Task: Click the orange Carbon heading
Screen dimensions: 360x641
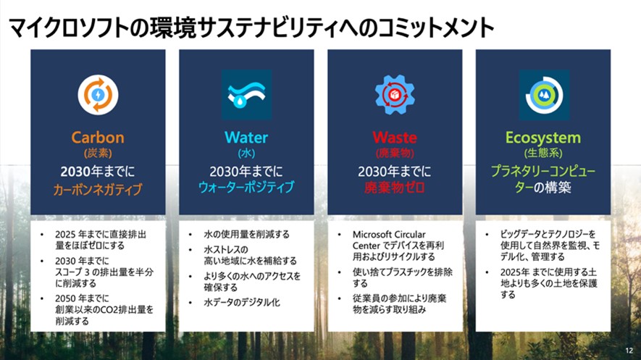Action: (98, 137)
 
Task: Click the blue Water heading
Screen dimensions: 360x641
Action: (246, 137)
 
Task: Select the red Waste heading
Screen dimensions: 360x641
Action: (395, 137)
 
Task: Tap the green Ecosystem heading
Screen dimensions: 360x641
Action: (543, 137)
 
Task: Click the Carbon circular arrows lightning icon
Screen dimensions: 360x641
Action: (98, 94)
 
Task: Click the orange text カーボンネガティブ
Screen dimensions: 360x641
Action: (98, 190)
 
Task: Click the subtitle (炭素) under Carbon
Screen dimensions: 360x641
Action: (98, 154)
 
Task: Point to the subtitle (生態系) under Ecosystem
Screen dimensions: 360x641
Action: (543, 154)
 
